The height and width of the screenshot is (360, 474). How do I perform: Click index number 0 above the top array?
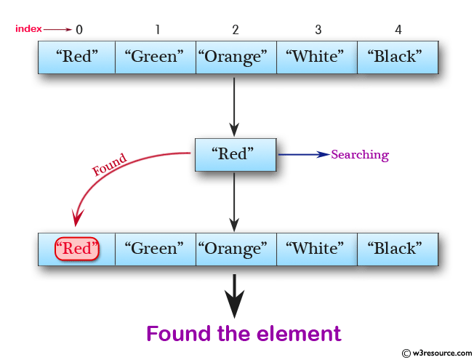point(79,30)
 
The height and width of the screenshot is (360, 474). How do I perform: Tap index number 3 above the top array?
point(318,30)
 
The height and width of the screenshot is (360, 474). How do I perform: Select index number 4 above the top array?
point(398,30)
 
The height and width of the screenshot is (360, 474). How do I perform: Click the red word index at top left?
point(28,29)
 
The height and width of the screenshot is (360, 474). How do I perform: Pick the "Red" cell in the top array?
point(77,57)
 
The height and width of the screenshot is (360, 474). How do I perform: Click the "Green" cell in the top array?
point(156,57)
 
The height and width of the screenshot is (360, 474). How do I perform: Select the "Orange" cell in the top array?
point(236,57)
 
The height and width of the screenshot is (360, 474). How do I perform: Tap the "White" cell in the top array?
point(317,57)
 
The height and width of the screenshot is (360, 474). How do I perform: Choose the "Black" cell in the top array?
point(398,57)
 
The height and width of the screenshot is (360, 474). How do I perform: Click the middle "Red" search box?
point(236,154)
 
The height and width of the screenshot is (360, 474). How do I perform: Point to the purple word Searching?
point(360,155)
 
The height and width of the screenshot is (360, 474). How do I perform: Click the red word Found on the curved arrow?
point(110,164)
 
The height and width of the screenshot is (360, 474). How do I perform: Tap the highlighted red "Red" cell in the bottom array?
point(77,249)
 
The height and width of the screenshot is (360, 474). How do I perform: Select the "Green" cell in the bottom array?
point(156,249)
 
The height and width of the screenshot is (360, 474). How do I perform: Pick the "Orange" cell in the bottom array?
point(236,249)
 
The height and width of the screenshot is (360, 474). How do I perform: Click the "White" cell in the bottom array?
point(317,249)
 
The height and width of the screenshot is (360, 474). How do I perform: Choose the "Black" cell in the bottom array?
point(398,249)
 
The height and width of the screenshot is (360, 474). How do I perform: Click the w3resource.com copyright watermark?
point(431,353)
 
